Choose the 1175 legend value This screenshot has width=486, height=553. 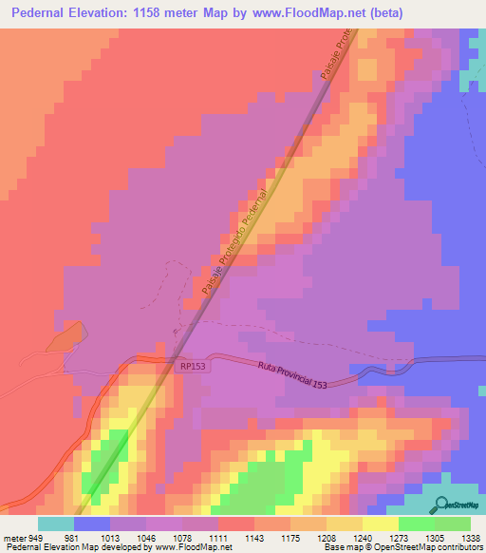[x=291, y=537]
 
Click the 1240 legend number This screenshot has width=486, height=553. [x=364, y=537]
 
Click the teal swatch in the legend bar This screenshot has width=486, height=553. [x=56, y=524]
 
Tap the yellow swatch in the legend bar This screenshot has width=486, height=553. [x=381, y=524]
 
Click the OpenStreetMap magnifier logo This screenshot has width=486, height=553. [x=439, y=505]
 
